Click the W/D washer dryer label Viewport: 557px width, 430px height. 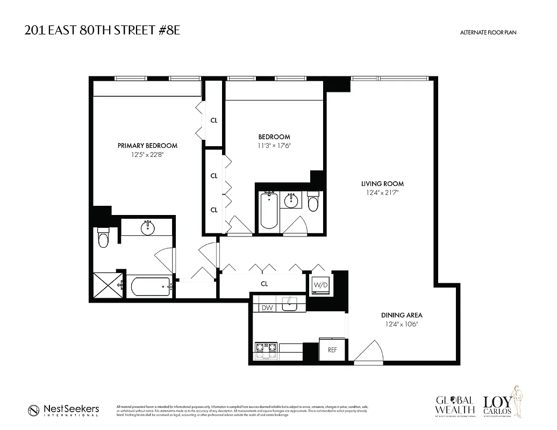[320, 284]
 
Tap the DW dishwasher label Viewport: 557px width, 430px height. [267, 308]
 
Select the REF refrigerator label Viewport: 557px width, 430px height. [332, 350]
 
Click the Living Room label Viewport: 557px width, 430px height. [382, 184]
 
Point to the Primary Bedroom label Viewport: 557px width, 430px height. [147, 146]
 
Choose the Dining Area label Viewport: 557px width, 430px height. [402, 315]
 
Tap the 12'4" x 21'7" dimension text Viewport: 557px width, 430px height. [382, 192]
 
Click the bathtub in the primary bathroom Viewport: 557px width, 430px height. [147, 286]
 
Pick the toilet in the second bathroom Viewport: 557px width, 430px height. [313, 203]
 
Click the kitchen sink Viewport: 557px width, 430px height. [290, 304]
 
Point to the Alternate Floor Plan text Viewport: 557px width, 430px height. [488, 33]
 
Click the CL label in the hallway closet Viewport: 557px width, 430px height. [264, 284]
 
